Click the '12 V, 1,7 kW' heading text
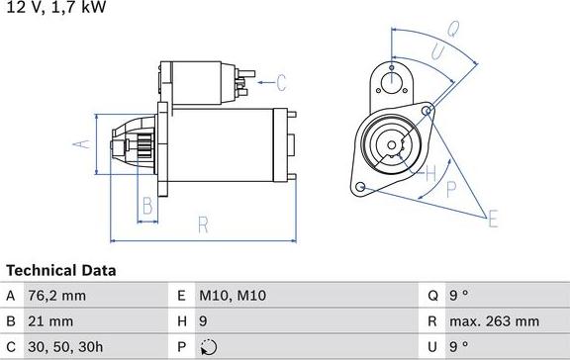point(53,7)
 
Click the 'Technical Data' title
point(60,270)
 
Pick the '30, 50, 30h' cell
point(67,347)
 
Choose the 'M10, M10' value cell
point(233,296)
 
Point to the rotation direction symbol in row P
point(208,347)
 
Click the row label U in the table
point(433,347)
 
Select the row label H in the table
point(182,321)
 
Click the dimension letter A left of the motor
point(83,144)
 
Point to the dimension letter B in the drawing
point(146,207)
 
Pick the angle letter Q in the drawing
point(451,30)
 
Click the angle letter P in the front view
point(450,187)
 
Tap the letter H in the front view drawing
point(429,174)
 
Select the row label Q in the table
point(433,296)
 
